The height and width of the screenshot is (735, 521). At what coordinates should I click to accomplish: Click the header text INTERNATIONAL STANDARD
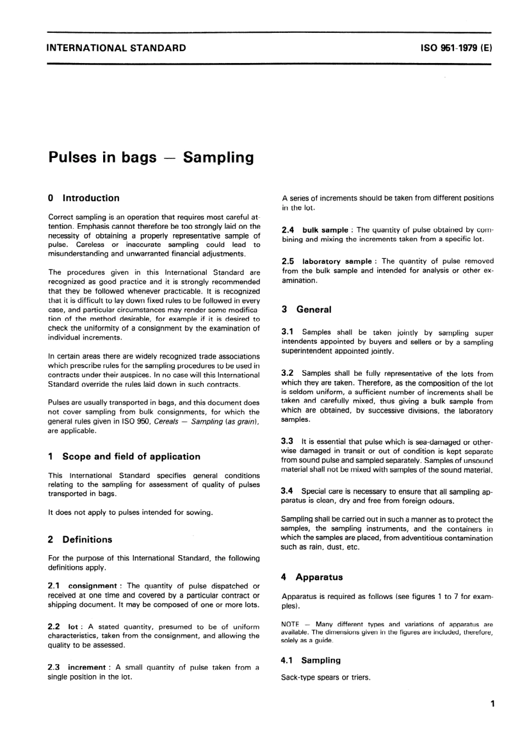tap(116, 48)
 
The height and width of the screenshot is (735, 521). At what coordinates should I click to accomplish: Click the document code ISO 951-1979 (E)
tap(456, 48)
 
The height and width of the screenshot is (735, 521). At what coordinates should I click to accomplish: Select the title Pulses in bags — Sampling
tap(151, 157)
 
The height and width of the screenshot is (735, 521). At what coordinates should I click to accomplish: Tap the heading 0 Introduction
tap(84, 198)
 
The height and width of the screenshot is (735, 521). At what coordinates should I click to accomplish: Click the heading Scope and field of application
tap(131, 456)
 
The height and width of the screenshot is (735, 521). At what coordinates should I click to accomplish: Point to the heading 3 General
tap(307, 309)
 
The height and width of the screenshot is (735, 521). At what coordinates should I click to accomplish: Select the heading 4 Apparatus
tap(312, 577)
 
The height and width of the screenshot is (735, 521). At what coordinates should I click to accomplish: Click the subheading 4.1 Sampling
tap(311, 660)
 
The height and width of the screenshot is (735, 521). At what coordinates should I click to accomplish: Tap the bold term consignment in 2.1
tap(92, 586)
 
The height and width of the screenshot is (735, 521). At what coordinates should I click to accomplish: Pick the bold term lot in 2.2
tap(72, 626)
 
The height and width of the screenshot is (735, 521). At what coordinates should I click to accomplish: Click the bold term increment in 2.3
tap(87, 668)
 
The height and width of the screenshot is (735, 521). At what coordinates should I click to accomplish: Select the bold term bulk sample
tap(325, 230)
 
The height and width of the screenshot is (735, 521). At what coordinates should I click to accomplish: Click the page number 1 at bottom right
tap(492, 704)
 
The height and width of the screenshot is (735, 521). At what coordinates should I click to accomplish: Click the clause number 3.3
tap(287, 441)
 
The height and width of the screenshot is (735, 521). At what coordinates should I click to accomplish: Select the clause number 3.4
tap(287, 491)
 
